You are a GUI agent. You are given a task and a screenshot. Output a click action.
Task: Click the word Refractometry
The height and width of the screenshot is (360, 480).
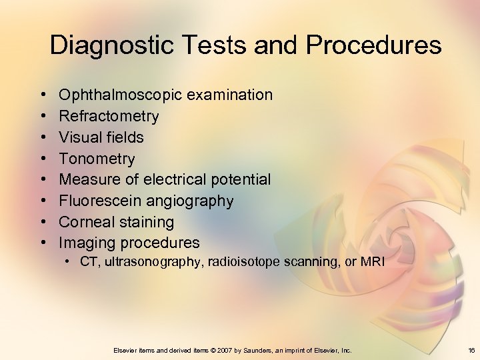click(x=109, y=117)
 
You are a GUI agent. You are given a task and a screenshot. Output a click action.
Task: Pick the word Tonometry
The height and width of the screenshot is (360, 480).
click(x=97, y=159)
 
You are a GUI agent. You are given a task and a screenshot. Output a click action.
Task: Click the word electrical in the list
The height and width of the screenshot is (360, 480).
click(x=176, y=179)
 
